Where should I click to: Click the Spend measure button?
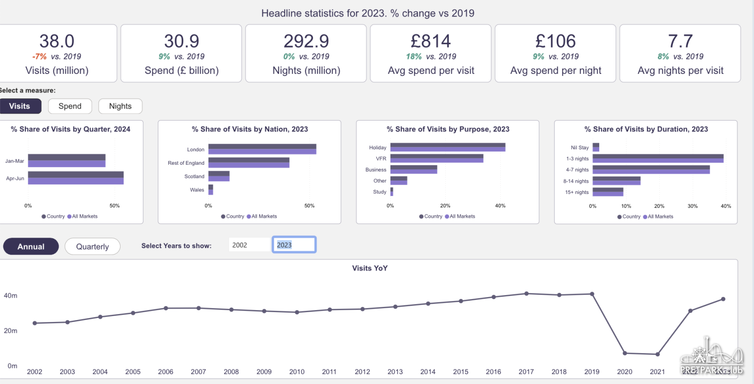[70, 106]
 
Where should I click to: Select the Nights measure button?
[120, 106]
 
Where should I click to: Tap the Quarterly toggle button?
[92, 247]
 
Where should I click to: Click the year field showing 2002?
[249, 245]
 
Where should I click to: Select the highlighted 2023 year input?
[294, 245]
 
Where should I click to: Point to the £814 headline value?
[431, 41]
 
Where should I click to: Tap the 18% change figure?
[414, 57]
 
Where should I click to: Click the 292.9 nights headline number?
[306, 41]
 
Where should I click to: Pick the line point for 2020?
[625, 353]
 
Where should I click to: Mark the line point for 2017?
[526, 294]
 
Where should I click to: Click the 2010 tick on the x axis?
[297, 372]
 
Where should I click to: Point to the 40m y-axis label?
[10, 296]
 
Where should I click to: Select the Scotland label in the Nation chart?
[194, 176]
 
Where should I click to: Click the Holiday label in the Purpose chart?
[377, 147]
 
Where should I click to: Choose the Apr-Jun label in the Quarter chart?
[15, 178]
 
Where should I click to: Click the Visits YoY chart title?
[370, 268]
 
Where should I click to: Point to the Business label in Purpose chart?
[376, 170]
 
